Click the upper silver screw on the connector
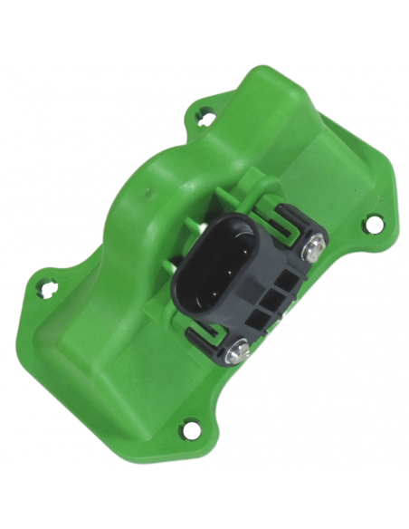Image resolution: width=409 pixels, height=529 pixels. click(315, 244)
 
